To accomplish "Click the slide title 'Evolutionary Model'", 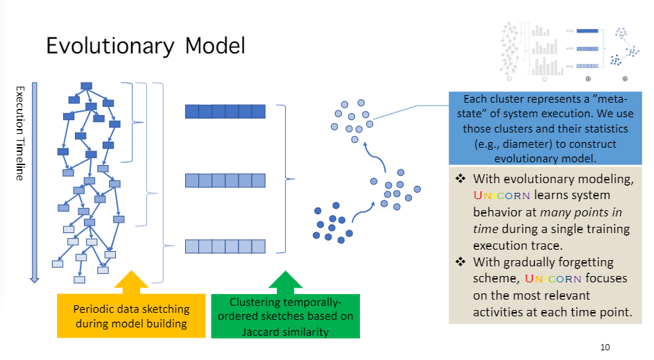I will coord(146,46).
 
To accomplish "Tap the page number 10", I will coord(605,347).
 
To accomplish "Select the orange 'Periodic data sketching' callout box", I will coord(131,315).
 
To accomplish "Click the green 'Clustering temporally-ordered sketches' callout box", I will coord(285,316).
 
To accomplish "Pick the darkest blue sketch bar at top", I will coord(225,112).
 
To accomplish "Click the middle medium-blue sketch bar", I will coord(225,180).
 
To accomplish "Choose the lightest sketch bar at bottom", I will coord(225,246).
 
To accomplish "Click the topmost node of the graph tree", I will coord(87,86).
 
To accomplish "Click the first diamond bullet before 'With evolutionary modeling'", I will coord(460,179).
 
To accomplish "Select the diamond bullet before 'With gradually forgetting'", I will coord(460,262).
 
